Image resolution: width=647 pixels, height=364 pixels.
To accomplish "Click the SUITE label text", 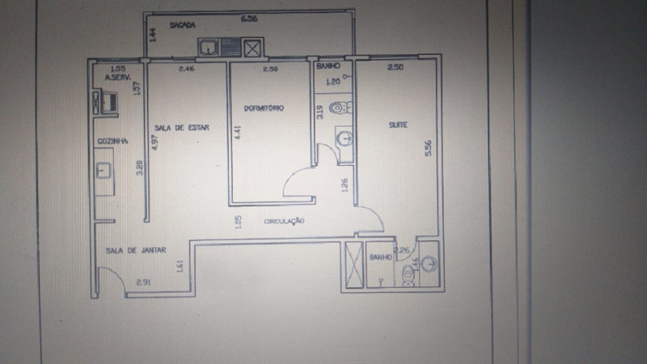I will pyautogui.click(x=397, y=125).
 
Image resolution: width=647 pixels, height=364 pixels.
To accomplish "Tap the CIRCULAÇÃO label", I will pyautogui.click(x=284, y=220).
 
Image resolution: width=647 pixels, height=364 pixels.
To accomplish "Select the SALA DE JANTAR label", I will pyautogui.click(x=136, y=250).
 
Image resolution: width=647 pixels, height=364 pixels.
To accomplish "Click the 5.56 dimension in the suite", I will pyautogui.click(x=428, y=148).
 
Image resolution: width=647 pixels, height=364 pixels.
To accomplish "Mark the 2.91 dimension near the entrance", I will pyautogui.click(x=144, y=281).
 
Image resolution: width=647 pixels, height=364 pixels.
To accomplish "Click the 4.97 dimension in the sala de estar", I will pyautogui.click(x=154, y=142).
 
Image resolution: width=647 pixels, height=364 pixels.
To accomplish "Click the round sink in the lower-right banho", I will pyautogui.click(x=429, y=263).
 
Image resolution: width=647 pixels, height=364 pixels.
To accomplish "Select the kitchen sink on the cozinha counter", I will pyautogui.click(x=104, y=171).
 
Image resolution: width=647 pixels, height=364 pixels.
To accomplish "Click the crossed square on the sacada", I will pyautogui.click(x=254, y=49).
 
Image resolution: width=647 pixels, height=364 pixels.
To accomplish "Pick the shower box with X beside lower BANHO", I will pyautogui.click(x=353, y=264).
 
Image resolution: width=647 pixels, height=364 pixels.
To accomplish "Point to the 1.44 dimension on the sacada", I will pyautogui.click(x=153, y=35).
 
